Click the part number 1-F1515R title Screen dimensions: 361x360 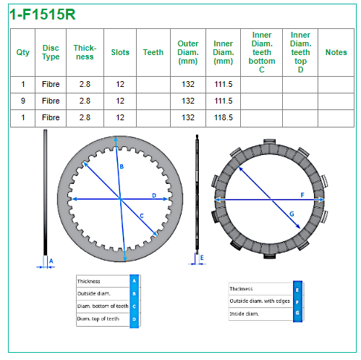[x=43, y=14]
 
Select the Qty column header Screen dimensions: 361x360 [x=23, y=52]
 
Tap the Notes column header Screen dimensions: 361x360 [x=336, y=52]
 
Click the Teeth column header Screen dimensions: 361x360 [x=153, y=52]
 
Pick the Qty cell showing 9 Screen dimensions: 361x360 [x=23, y=101]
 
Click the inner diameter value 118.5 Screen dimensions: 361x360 [x=224, y=117]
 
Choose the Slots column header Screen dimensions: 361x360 [x=120, y=52]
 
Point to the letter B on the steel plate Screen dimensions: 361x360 [x=122, y=167]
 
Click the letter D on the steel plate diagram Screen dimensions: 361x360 [x=154, y=196]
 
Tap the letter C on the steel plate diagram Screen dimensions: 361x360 [x=142, y=216]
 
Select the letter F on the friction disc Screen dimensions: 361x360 [x=302, y=195]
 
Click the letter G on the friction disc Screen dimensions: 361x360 [x=292, y=214]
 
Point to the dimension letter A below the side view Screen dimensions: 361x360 [x=51, y=261]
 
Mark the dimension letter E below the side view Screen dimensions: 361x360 [x=202, y=258]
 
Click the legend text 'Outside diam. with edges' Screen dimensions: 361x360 [x=260, y=301]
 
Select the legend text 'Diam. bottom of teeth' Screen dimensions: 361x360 [x=103, y=306]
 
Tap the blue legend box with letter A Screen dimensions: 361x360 [x=135, y=281]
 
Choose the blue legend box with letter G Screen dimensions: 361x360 [x=297, y=313]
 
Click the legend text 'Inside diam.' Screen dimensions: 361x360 [x=245, y=314]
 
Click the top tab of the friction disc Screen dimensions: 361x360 [x=269, y=142]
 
